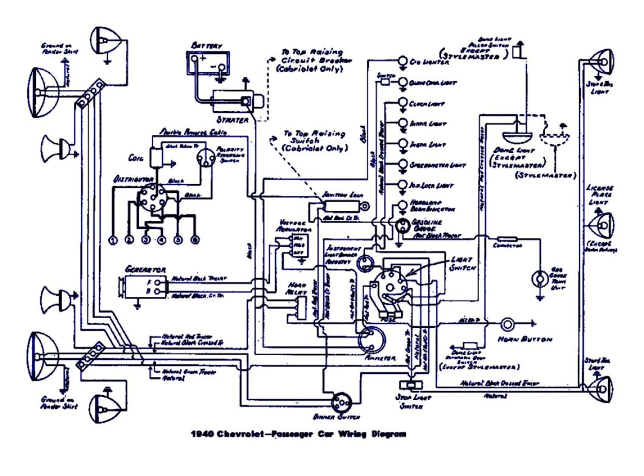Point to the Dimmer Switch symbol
(x=340, y=402)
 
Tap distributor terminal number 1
(x=113, y=240)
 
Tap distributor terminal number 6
(x=195, y=240)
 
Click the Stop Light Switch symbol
(x=411, y=386)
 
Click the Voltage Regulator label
(x=293, y=225)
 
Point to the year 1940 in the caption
(x=201, y=434)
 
